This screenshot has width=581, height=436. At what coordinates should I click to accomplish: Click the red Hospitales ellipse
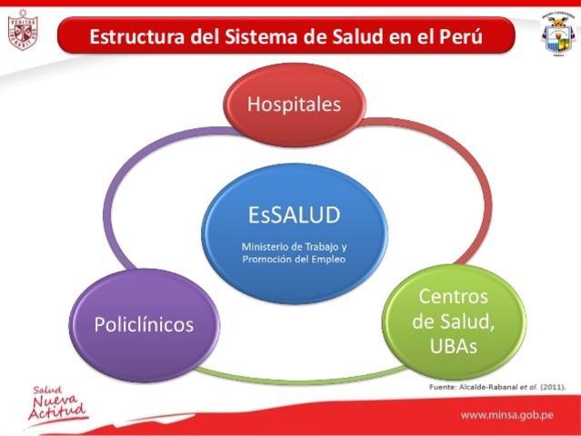tap(294, 104)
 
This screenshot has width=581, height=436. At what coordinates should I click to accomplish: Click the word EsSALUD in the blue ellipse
tap(295, 215)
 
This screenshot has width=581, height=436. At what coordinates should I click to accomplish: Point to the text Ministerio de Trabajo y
tap(295, 245)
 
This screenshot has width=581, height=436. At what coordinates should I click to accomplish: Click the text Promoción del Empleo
tap(295, 259)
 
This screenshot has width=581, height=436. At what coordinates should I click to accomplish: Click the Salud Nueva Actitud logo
tap(57, 405)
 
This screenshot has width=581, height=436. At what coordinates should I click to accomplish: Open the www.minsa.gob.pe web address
tap(506, 415)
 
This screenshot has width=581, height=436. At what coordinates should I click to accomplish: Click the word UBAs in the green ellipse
tap(452, 346)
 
